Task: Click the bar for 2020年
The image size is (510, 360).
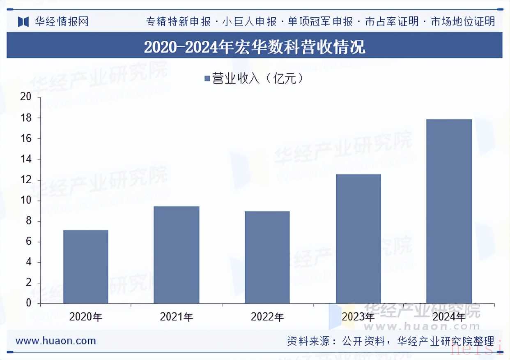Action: point(86,267)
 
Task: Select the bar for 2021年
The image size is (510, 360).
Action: point(177,255)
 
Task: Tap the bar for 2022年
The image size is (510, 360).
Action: point(267,257)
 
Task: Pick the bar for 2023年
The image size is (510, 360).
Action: point(358,239)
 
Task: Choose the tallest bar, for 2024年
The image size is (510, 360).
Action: point(449,211)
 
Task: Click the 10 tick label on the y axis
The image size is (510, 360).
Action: point(26,201)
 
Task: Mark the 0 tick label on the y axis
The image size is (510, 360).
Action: point(28,303)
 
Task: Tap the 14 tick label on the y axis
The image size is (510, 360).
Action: point(26,159)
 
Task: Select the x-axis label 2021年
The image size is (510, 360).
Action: point(177,317)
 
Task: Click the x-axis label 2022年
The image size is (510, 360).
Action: point(267,317)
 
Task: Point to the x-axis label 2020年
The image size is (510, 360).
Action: point(86,317)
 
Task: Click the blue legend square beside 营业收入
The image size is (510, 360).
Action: point(207,78)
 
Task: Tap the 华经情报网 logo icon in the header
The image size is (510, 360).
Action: point(23,21)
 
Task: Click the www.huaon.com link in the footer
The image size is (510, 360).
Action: point(56,341)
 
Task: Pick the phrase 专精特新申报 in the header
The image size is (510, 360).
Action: point(179,21)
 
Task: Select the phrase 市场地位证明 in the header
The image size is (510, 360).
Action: point(463,21)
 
